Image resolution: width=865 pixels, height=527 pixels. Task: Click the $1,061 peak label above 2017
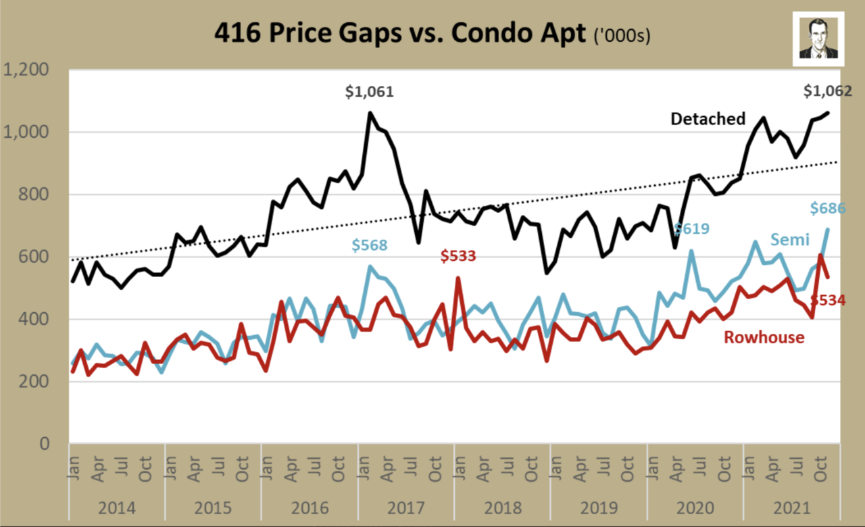tap(369, 92)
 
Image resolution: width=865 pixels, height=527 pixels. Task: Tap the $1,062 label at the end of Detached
tap(828, 92)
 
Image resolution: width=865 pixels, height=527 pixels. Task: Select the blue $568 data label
tap(369, 245)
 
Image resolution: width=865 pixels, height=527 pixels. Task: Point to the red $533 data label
tap(458, 256)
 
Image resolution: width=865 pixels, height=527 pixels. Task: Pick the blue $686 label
tap(828, 208)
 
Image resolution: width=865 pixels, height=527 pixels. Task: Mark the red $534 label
tap(828, 300)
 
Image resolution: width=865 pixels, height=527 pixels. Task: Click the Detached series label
tap(708, 119)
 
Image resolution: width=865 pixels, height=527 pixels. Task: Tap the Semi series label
tap(789, 239)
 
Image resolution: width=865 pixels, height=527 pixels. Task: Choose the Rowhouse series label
tap(764, 336)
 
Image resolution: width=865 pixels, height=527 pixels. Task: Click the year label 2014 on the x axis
tap(116, 506)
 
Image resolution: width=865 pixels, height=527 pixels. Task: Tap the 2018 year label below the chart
tap(502, 506)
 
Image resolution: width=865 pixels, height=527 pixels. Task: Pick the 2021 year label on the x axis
tap(791, 506)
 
